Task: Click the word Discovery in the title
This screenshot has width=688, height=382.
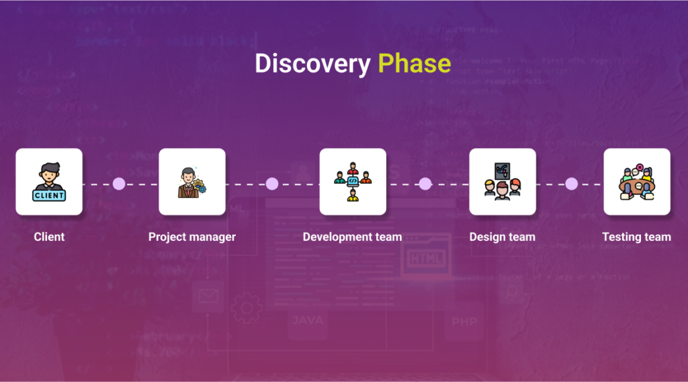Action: pos(312,63)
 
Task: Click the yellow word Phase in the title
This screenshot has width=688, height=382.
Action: pos(414,63)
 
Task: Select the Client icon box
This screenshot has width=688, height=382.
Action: pos(49,182)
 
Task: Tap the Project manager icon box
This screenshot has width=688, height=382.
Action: pos(192,182)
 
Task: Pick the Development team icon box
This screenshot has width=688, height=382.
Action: pos(353,182)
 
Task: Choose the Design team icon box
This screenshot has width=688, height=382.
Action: pos(503,182)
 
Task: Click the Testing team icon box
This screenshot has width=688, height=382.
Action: pos(637,182)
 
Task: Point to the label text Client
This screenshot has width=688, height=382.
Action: pos(49,237)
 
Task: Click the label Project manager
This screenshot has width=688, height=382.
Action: pos(192,237)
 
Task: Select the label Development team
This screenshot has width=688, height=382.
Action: pos(352,237)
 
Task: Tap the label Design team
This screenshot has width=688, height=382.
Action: pos(503,237)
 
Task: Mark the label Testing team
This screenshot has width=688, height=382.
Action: pos(636,237)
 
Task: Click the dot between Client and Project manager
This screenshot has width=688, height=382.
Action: pos(119,184)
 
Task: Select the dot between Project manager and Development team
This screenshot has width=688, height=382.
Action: pos(272,184)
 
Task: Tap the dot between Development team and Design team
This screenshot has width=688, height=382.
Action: pos(425,184)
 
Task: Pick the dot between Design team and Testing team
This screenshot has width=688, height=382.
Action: pos(571,184)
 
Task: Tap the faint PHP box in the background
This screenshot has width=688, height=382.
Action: pos(464,322)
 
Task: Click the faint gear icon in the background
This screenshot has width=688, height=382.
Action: pos(247,308)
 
